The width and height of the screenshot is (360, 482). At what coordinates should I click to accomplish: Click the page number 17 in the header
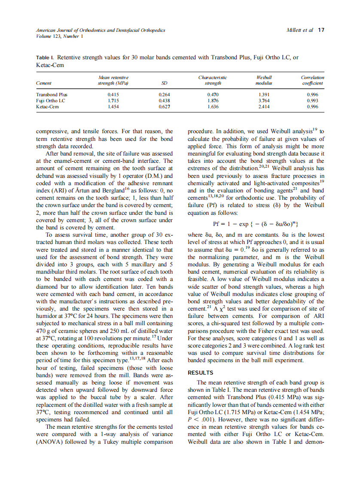point(321,30)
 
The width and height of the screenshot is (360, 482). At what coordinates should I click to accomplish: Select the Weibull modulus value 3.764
point(264,101)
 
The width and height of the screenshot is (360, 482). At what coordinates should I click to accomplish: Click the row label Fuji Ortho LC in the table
point(49,101)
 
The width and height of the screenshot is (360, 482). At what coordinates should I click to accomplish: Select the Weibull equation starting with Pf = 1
point(256,224)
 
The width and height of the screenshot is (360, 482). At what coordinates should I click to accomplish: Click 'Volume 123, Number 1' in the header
point(59,36)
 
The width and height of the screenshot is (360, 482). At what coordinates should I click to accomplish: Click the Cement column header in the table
point(44,83)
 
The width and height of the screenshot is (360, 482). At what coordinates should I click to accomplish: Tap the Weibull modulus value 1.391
point(264,95)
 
